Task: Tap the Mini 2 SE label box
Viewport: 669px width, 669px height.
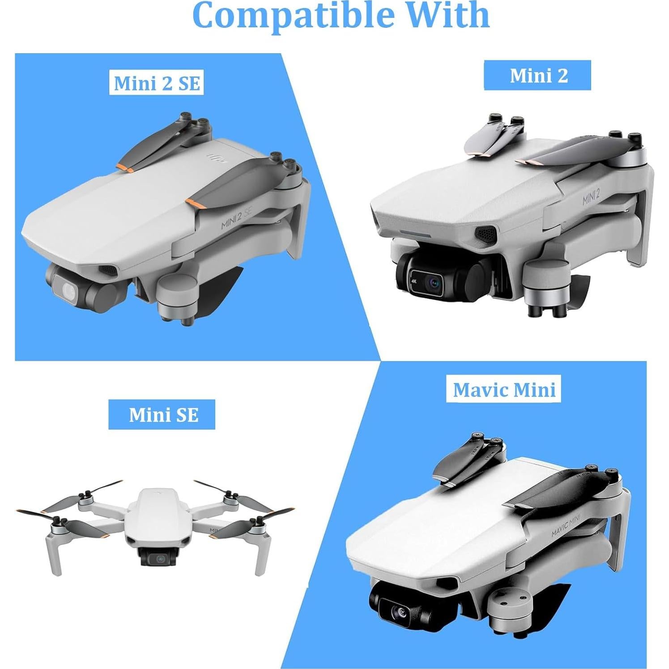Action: [157, 84]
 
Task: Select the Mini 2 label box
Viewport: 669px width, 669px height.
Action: [537, 76]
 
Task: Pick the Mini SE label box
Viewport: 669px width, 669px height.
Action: [162, 415]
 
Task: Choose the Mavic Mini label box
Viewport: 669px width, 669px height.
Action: [504, 390]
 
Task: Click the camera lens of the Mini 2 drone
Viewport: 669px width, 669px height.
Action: [434, 283]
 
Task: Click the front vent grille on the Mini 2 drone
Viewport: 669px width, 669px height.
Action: [485, 233]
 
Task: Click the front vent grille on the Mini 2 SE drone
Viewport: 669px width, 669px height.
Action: [107, 269]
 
